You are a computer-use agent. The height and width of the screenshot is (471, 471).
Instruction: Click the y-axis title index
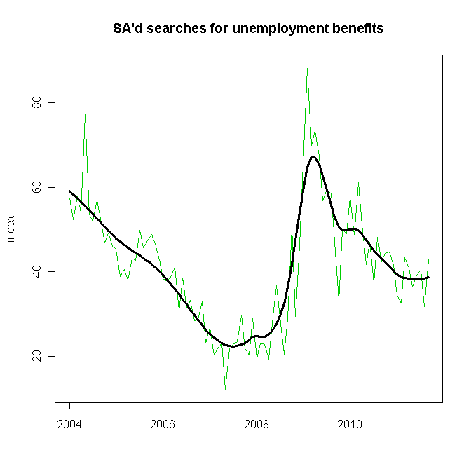tap(11, 229)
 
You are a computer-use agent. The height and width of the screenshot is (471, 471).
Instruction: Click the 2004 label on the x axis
tap(69, 424)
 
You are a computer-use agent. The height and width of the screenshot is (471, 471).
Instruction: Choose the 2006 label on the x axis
tap(163, 424)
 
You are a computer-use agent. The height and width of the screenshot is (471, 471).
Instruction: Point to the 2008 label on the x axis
tap(257, 424)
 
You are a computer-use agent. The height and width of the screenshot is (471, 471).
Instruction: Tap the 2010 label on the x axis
tap(350, 424)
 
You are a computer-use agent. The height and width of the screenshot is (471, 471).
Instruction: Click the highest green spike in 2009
tap(307, 69)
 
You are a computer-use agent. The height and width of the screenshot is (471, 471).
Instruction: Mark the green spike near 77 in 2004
tap(86, 114)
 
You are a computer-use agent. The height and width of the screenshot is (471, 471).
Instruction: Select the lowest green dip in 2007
tap(225, 388)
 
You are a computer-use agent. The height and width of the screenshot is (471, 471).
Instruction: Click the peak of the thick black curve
tap(313, 157)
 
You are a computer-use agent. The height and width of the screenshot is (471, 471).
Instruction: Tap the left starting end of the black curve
tap(69, 191)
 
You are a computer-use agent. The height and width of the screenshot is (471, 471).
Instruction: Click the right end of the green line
tap(428, 259)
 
